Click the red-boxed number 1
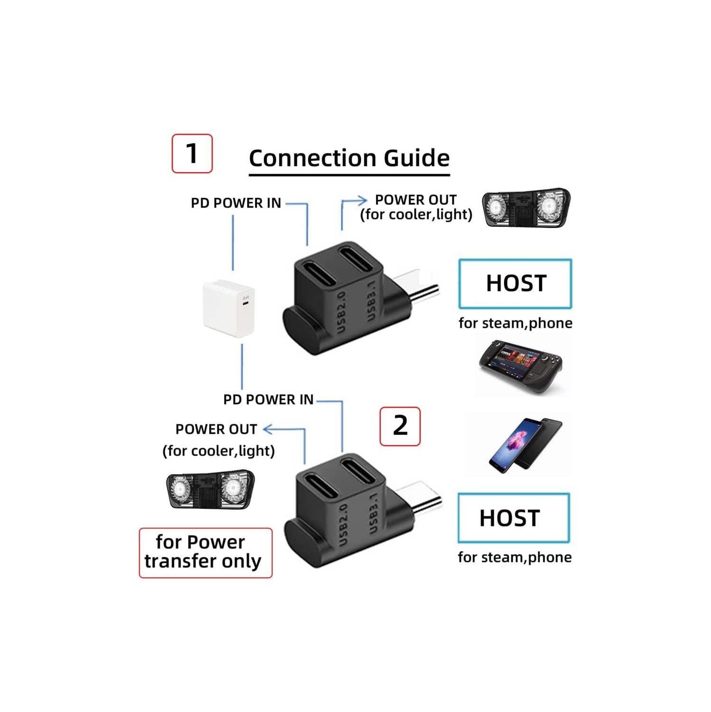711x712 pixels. [192, 153]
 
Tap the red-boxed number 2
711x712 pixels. [400, 426]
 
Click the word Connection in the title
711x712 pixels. [313, 158]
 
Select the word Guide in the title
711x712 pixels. [416, 158]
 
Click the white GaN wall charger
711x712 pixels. [229, 309]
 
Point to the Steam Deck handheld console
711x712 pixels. [520, 365]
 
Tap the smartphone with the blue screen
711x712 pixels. [517, 445]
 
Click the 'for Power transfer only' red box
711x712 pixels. [205, 553]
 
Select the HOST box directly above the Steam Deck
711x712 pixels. [515, 283]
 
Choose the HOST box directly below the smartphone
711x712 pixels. [513, 518]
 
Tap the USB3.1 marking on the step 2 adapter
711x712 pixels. [373, 513]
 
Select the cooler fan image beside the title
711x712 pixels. [526, 208]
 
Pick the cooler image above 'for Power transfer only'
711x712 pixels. [210, 489]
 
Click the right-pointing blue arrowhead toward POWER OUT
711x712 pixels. [362, 200]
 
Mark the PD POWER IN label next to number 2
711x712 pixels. [268, 400]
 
